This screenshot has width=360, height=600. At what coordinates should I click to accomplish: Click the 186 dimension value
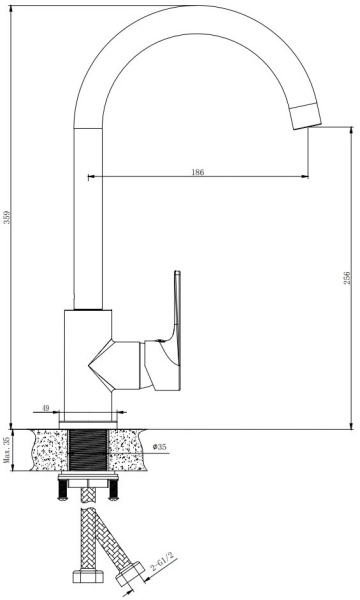coord(197,172)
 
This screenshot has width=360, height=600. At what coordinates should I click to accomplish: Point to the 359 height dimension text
coord(7,218)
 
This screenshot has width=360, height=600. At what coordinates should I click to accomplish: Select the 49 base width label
coord(46,408)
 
